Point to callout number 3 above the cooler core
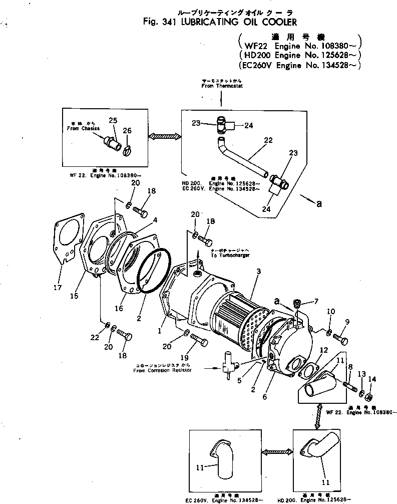(x=258, y=271)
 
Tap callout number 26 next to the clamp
(x=128, y=130)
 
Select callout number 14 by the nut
(x=371, y=380)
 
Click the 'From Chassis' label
(x=83, y=129)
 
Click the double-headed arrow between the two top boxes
(x=164, y=136)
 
